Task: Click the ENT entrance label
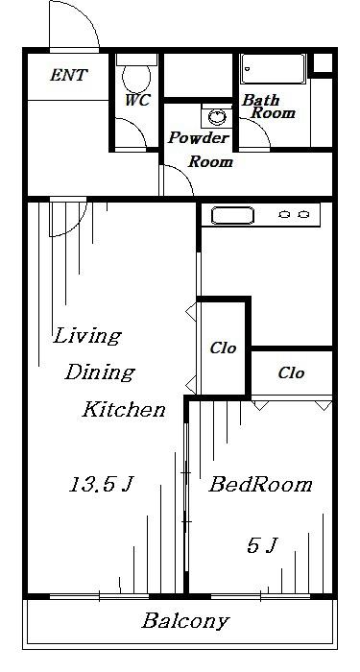(x=68, y=76)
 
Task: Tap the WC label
(x=137, y=100)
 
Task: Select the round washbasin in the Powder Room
(x=217, y=116)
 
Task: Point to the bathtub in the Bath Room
(x=273, y=68)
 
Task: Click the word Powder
(x=199, y=138)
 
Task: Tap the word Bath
(x=260, y=100)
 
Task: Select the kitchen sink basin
(x=232, y=216)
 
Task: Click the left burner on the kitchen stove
(x=284, y=214)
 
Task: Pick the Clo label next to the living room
(x=223, y=348)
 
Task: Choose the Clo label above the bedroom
(x=292, y=372)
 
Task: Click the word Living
(x=87, y=336)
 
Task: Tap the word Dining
(x=100, y=372)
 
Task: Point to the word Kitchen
(x=124, y=409)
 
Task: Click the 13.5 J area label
(x=102, y=484)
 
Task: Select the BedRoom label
(x=260, y=485)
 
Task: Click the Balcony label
(x=185, y=621)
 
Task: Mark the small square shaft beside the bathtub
(x=323, y=63)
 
